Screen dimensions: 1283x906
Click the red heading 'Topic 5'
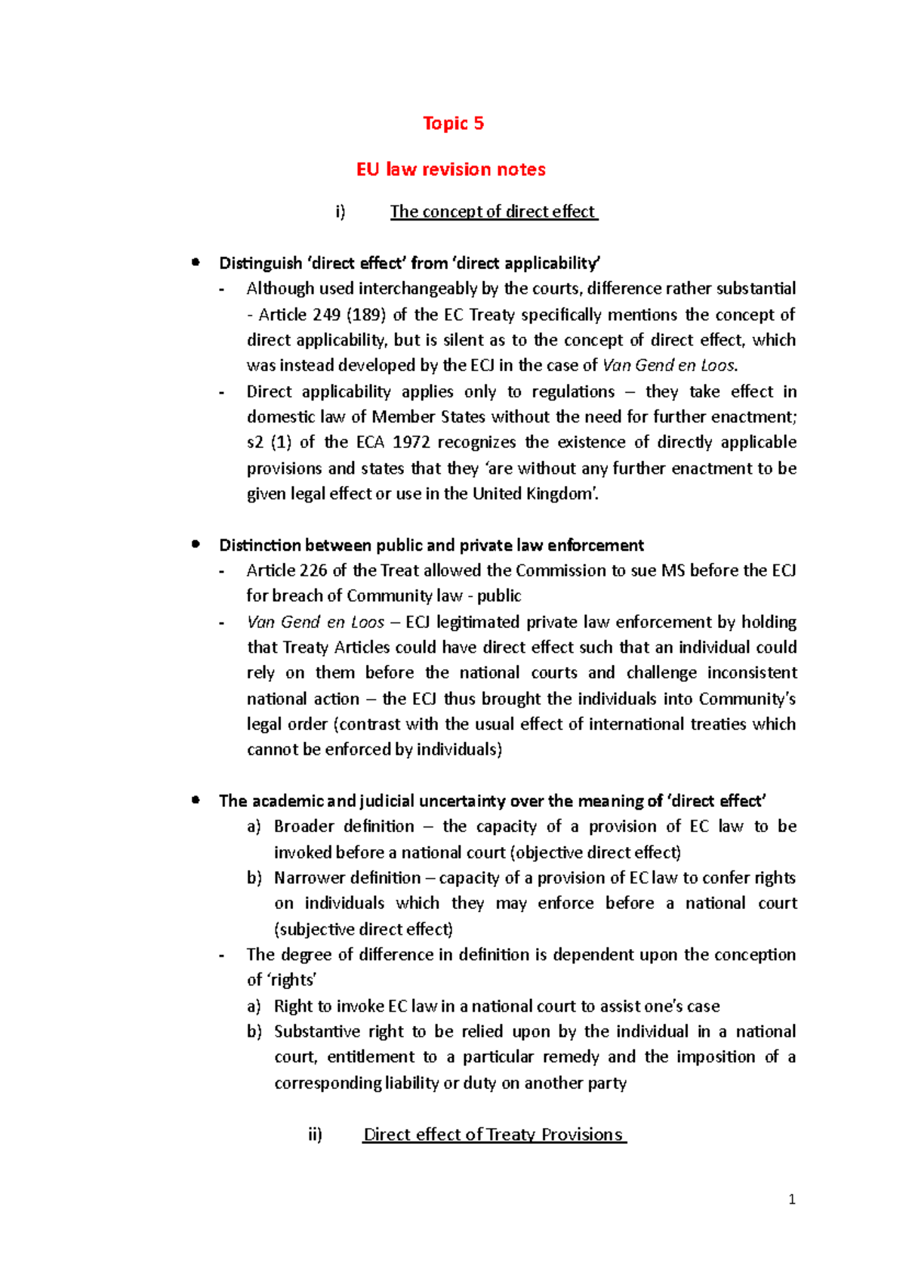[453, 123]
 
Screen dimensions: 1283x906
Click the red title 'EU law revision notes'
[451, 169]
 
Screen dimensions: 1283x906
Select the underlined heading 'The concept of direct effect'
[493, 212]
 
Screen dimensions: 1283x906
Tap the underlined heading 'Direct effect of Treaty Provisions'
[494, 1134]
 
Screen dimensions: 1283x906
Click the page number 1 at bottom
[791, 1199]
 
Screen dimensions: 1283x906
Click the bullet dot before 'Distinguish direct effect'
[196, 262]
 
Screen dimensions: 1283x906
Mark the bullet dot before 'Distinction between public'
[196, 544]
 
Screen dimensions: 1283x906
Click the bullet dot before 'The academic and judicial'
[196, 799]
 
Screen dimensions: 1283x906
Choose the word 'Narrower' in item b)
[310, 878]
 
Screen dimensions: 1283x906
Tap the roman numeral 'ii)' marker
[315, 1134]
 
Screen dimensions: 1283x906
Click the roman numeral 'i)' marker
[341, 212]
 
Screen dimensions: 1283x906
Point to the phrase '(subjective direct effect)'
[363, 929]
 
